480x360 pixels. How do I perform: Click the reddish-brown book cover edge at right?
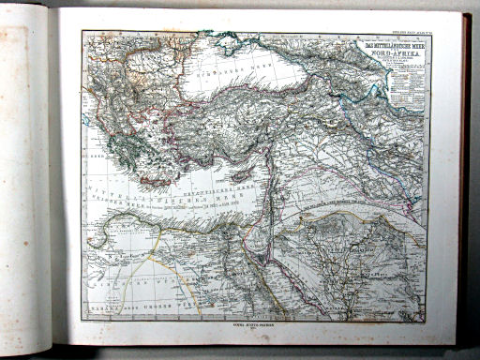[x=466, y=178]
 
